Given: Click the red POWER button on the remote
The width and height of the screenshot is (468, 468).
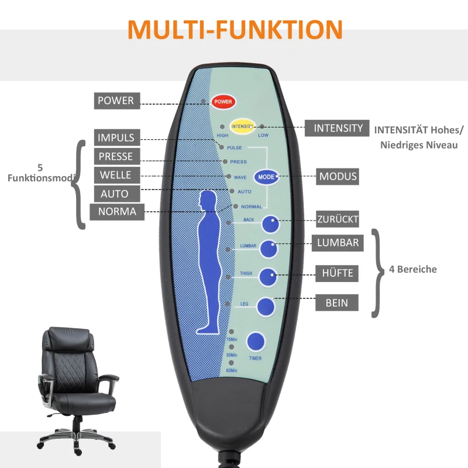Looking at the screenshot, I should coord(223,102).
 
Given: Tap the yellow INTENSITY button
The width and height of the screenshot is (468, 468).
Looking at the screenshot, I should coord(242,126).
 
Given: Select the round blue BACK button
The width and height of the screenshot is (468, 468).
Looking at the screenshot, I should coord(270,225).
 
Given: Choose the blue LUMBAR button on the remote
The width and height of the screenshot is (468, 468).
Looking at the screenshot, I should coord(268,249).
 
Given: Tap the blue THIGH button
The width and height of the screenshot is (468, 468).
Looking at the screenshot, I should coord(268,277).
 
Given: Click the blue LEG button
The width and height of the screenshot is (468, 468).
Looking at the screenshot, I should coord(266,307).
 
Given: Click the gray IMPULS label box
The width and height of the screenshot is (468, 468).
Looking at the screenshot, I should coord(117,138).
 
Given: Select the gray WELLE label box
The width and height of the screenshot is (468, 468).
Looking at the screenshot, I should coord(117,175).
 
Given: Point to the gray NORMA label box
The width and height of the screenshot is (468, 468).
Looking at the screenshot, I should coord(117,212).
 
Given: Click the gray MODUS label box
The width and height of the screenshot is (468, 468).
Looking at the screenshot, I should coord(338,176).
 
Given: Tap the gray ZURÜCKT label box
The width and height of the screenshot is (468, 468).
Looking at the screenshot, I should coord(338,219).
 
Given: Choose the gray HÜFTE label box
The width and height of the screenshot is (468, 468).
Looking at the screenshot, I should coord(338,273).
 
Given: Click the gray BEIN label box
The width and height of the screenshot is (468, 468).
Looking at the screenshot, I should coord(338,302).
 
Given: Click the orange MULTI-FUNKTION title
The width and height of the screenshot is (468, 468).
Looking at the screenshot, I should coord(235,29).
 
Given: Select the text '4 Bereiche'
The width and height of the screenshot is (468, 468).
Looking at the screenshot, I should coord(413,270).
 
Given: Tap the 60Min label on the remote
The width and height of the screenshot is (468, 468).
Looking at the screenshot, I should coord(232,370).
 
